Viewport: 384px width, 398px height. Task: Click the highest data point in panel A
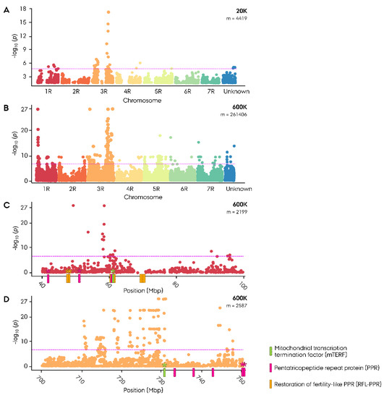click(x=108, y=12)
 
